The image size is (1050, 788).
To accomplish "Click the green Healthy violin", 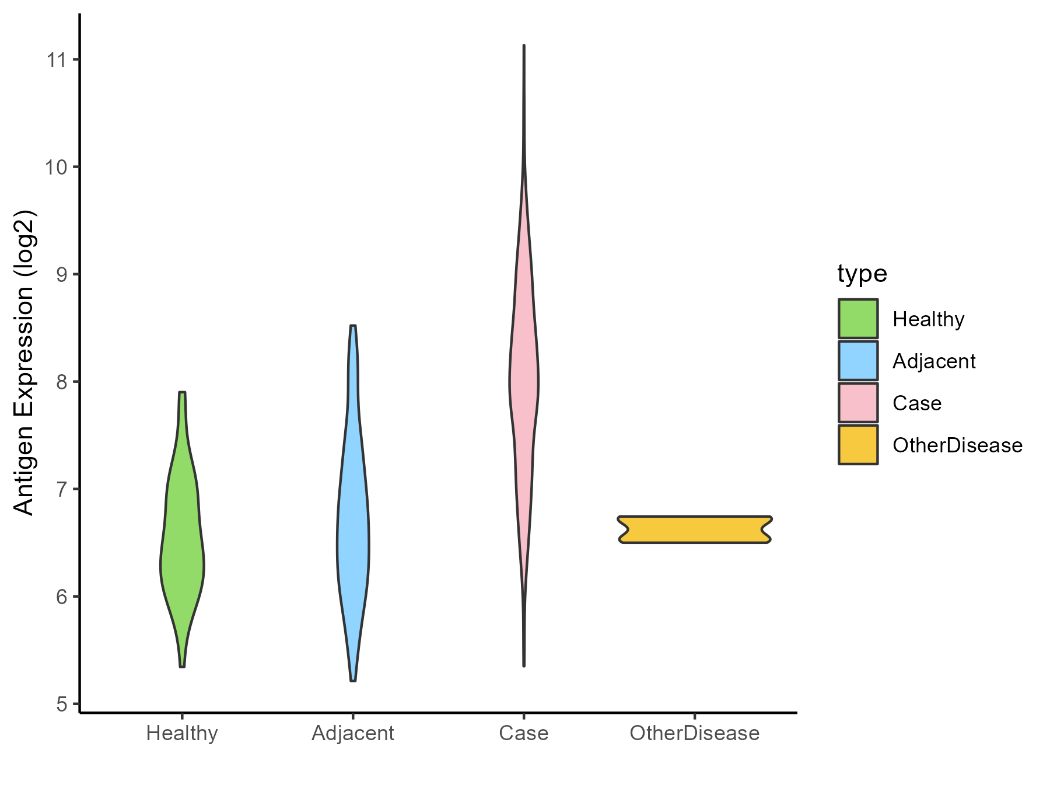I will pyautogui.click(x=182, y=555).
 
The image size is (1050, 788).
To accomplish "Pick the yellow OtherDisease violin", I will pyautogui.click(x=695, y=529).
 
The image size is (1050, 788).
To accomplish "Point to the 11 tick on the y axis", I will pyautogui.click(x=56, y=60).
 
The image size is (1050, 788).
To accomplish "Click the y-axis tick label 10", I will pyautogui.click(x=56, y=167).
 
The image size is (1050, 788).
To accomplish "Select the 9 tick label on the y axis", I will pyautogui.click(x=61, y=274).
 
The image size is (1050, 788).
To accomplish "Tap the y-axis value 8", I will pyautogui.click(x=61, y=382).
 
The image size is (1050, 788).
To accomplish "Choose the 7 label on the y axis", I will pyautogui.click(x=61, y=489).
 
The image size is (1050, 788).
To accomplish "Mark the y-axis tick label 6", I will pyautogui.click(x=61, y=597).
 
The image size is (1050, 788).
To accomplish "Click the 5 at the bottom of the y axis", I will pyautogui.click(x=61, y=704).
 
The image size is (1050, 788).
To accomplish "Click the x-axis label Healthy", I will pyautogui.click(x=182, y=733).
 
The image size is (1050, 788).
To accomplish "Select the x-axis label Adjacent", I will pyautogui.click(x=353, y=733).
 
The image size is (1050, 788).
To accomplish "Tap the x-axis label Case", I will pyautogui.click(x=524, y=733).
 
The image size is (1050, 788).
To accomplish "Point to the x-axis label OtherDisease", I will pyautogui.click(x=695, y=733).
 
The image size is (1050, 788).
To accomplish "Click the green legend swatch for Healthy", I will pyautogui.click(x=858, y=319).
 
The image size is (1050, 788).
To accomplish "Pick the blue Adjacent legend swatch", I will pyautogui.click(x=858, y=361).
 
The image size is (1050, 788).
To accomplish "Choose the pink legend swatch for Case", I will pyautogui.click(x=858, y=403).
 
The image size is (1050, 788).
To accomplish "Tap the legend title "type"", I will pyautogui.click(x=862, y=274).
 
